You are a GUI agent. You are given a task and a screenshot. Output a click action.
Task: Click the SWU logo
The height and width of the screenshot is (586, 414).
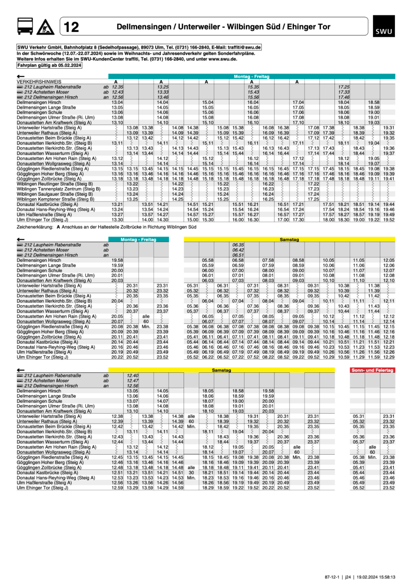pos(381,27)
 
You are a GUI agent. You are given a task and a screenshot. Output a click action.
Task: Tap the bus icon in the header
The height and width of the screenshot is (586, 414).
pos(25,27)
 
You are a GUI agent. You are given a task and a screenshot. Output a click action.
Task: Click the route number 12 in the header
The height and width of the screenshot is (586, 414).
pos(71,27)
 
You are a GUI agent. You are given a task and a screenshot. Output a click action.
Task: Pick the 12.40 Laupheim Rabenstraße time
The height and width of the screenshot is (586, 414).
pos(132,376)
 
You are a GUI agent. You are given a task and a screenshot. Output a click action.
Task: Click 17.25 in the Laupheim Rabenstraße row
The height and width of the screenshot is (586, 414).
pos(344,86)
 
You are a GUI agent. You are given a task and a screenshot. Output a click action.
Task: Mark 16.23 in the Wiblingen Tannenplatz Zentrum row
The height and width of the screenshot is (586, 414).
pos(268,189)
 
